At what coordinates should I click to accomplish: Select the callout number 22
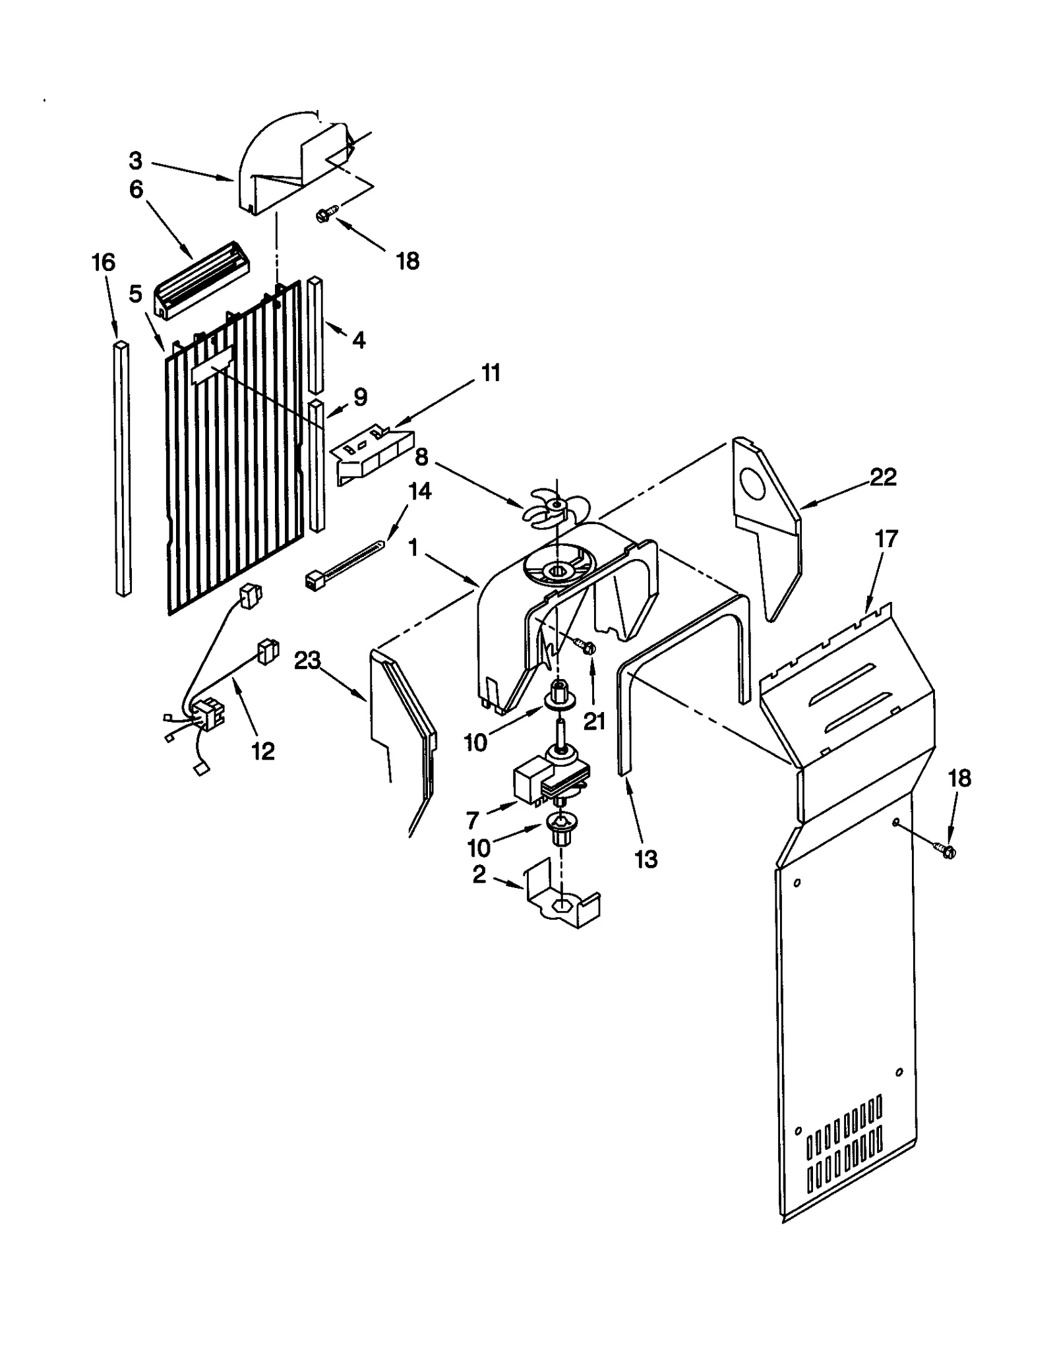[x=883, y=477]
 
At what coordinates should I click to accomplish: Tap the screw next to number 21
[x=587, y=647]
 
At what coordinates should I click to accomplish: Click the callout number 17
[x=887, y=539]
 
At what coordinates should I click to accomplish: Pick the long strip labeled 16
[x=121, y=468]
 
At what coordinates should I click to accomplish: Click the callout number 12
[x=263, y=751]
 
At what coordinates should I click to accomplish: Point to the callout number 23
[x=307, y=660]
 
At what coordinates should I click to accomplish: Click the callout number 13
[x=646, y=858]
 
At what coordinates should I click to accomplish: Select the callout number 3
[x=135, y=160]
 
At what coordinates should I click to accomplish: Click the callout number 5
[x=135, y=294]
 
